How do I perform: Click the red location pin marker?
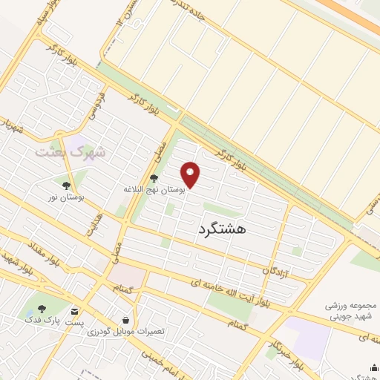[191, 174]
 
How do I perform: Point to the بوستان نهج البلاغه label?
[154, 190]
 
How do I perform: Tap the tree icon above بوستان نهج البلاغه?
[154, 178]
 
